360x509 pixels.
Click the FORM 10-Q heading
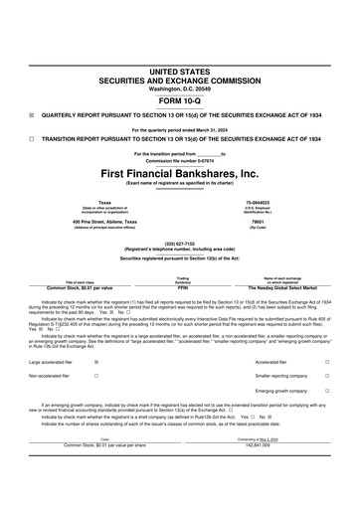click(180, 101)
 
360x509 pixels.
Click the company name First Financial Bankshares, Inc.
click(180, 173)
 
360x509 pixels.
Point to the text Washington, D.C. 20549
click(180, 88)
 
